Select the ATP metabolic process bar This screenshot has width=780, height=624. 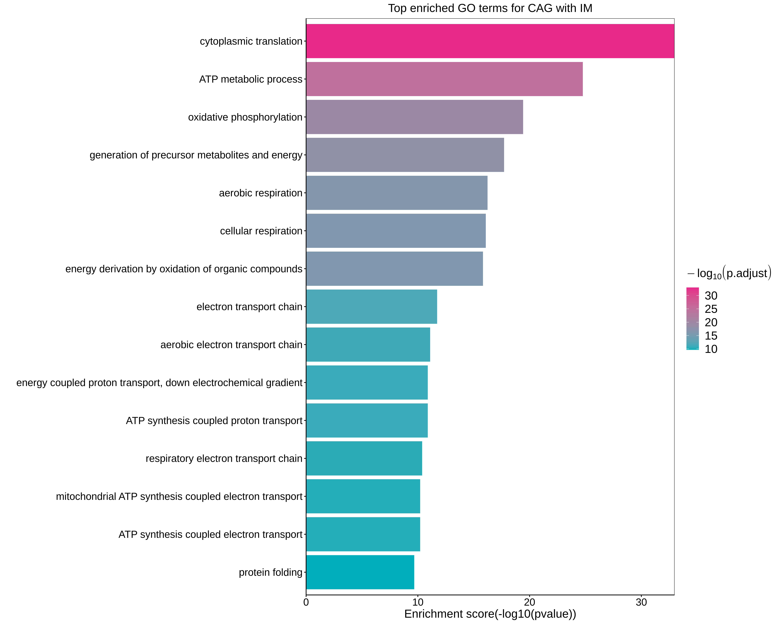click(x=444, y=79)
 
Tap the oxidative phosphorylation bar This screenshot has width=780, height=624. click(x=414, y=117)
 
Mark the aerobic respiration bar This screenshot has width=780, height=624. click(x=397, y=193)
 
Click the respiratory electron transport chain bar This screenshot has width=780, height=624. click(x=364, y=458)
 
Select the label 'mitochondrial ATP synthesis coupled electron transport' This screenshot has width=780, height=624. click(x=179, y=496)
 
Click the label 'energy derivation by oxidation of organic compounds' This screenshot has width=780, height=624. click(x=184, y=269)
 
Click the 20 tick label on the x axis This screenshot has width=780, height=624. click(x=529, y=602)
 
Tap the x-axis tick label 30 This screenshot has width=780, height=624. click(x=641, y=602)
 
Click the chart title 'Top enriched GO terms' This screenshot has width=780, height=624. click(x=490, y=8)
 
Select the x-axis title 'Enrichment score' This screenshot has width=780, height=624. click(x=490, y=614)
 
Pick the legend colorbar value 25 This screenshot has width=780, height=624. click(x=711, y=309)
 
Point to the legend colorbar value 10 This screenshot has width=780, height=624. click(x=711, y=349)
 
